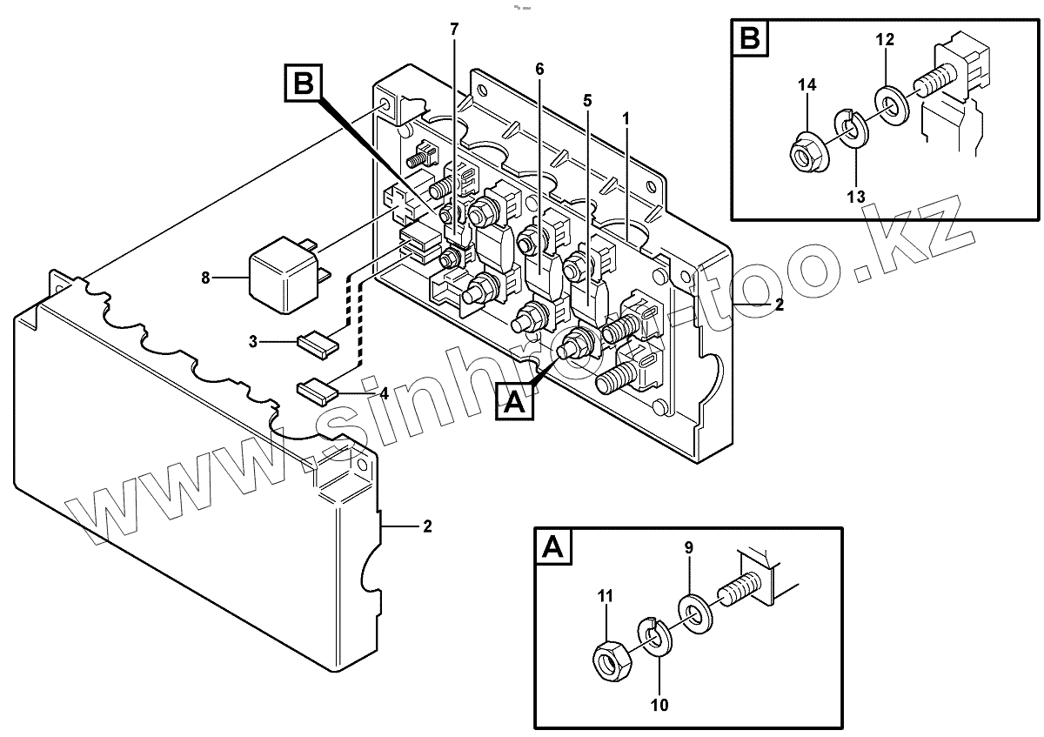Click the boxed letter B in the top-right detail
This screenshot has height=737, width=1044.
pyautogui.click(x=750, y=41)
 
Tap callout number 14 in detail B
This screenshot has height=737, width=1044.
pyautogui.click(x=806, y=84)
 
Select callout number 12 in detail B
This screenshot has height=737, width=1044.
pyautogui.click(x=884, y=40)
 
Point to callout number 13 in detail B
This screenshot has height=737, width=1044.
pyautogui.click(x=855, y=197)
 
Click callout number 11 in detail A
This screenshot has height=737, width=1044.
pyautogui.click(x=605, y=597)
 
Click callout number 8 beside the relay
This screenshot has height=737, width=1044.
pyautogui.click(x=206, y=278)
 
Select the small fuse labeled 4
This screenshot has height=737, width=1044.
pyautogui.click(x=316, y=391)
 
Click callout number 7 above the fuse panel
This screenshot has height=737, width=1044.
pyautogui.click(x=453, y=30)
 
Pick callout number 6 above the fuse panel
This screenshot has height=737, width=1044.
pyautogui.click(x=539, y=69)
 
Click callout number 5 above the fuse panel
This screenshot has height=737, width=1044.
pyautogui.click(x=587, y=101)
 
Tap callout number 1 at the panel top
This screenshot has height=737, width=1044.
pyautogui.click(x=626, y=116)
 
